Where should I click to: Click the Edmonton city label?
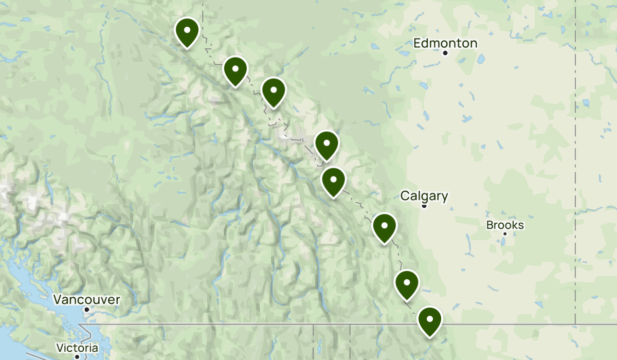445,43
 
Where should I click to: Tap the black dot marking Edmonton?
445,53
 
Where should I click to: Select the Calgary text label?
424,196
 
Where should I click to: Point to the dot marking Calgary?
424,206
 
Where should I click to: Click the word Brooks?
505,225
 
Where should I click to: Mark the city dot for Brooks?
505,234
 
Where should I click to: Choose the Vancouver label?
87,299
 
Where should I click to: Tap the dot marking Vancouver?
87,309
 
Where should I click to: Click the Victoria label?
77,348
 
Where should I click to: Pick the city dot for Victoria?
77,356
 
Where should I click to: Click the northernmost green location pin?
187,31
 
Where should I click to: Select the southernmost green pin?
429,320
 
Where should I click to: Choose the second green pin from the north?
235,69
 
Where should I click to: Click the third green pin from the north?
274,91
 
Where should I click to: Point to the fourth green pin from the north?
326,144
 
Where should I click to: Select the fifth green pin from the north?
333,181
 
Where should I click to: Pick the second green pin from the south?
407,283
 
